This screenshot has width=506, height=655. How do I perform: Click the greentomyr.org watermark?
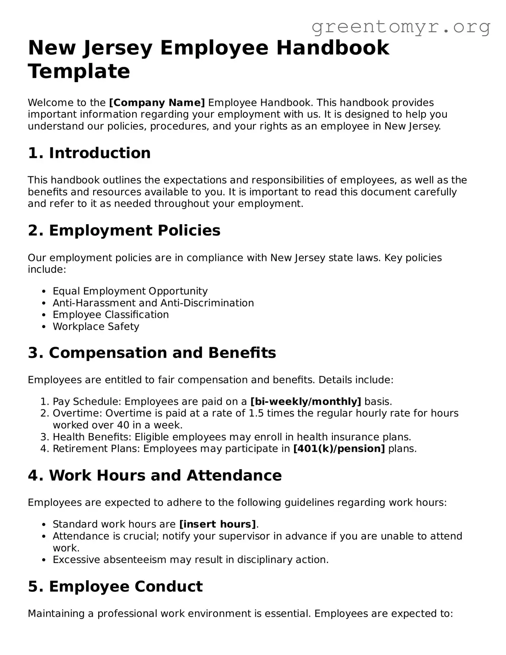[401, 27]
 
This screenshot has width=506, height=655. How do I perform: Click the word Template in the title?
[79, 71]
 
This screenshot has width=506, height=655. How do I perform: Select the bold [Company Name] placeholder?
[157, 103]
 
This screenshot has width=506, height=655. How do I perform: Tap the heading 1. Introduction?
[89, 153]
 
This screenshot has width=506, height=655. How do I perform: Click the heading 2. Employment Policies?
[124, 231]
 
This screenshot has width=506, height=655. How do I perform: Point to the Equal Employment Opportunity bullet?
[130, 291]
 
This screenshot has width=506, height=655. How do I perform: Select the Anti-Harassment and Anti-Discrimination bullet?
[153, 303]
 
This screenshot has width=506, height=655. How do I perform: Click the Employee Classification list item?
[111, 315]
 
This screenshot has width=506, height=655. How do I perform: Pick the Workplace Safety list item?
[96, 327]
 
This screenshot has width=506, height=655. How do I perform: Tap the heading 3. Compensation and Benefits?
[152, 353]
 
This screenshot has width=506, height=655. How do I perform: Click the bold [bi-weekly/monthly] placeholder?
[306, 402]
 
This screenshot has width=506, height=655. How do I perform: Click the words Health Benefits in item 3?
[92, 437]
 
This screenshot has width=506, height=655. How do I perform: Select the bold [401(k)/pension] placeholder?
[339, 449]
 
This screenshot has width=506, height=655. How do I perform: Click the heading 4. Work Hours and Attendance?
[155, 476]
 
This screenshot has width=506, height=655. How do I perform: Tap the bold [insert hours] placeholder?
[217, 524]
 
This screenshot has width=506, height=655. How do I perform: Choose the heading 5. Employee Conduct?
[115, 587]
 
